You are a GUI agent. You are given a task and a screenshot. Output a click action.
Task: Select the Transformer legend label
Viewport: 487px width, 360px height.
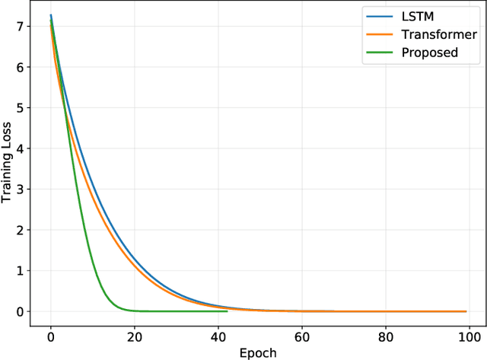pos(438,35)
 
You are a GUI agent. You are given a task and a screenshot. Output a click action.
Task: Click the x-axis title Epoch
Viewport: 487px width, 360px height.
pos(258,353)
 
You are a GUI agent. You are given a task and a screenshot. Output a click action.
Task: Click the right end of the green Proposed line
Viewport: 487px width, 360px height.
pos(227,311)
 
